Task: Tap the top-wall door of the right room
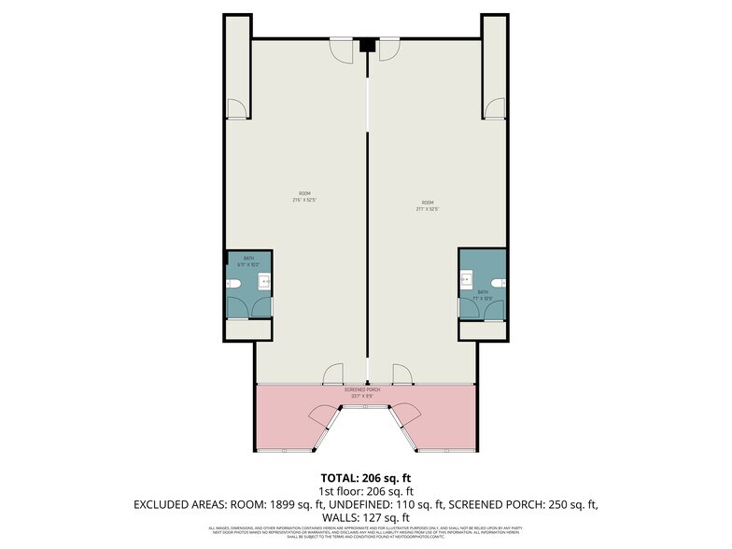(x=389, y=49)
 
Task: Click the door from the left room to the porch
(x=333, y=375)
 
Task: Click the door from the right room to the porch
(x=402, y=375)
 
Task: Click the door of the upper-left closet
(x=239, y=109)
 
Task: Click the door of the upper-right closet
(x=494, y=108)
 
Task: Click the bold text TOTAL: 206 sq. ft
(x=365, y=477)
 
